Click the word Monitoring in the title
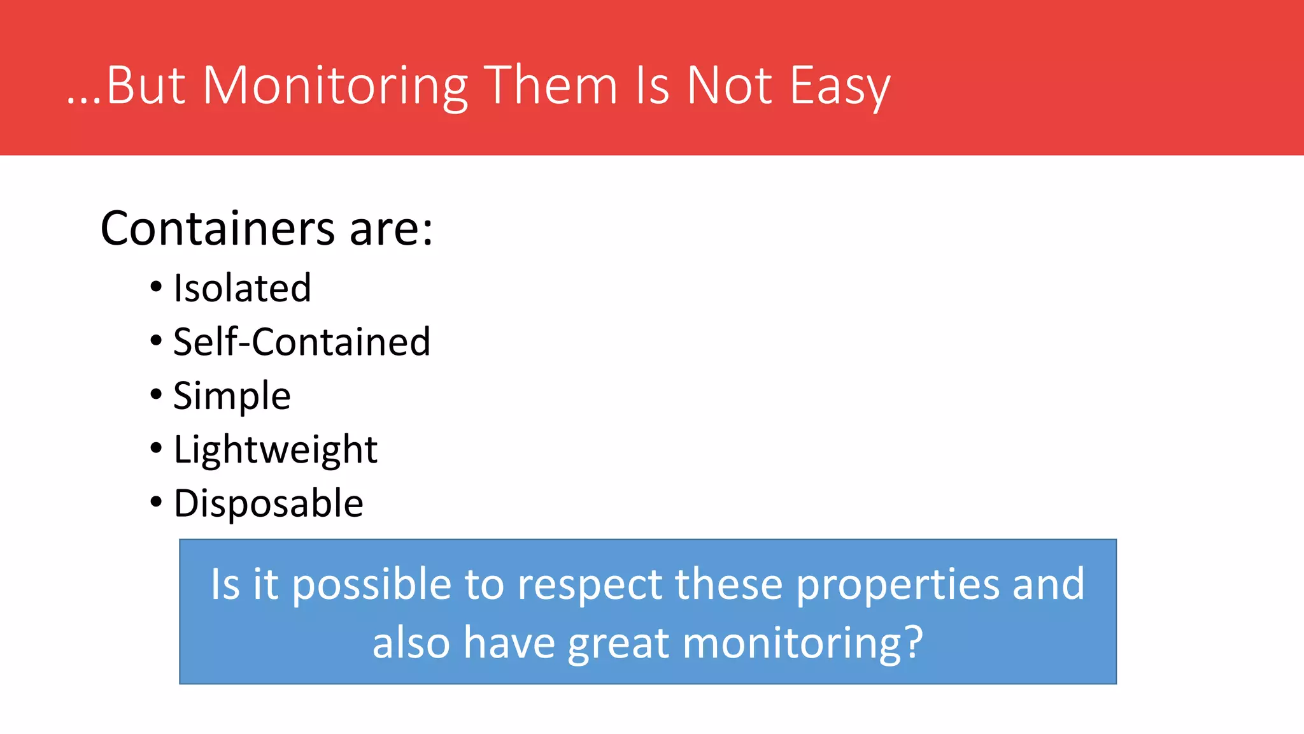click(335, 86)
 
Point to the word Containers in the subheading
click(217, 228)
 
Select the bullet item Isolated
click(242, 288)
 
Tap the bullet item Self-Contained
click(302, 342)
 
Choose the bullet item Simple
click(232, 396)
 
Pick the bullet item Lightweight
click(275, 450)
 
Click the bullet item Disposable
click(268, 503)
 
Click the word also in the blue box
click(411, 642)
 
